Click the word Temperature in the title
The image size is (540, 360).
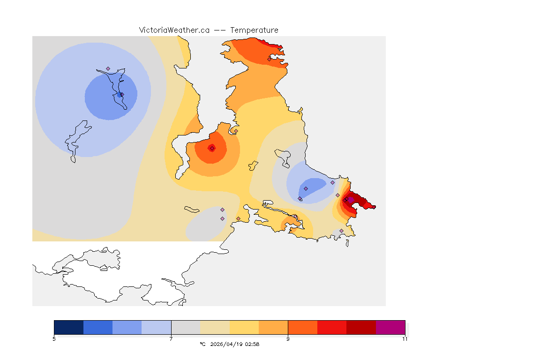tap(254, 30)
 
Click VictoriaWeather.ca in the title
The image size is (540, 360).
tap(174, 30)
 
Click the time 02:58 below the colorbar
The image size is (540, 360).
tap(252, 344)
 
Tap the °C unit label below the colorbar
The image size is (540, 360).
tap(202, 344)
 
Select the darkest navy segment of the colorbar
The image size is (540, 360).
tap(68, 327)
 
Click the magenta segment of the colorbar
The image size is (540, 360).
tap(390, 327)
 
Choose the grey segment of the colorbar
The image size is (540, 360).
tap(186, 327)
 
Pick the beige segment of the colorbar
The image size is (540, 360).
tap(215, 327)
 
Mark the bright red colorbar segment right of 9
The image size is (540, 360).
tap(332, 327)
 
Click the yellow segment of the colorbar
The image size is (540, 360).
tap(244, 327)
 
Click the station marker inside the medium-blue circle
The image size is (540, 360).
tap(120, 95)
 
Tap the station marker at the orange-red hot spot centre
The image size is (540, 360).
tap(212, 149)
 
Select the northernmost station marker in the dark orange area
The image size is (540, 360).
tap(269, 59)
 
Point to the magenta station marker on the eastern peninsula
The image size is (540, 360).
tap(350, 200)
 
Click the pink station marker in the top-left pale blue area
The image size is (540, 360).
tap(108, 68)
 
